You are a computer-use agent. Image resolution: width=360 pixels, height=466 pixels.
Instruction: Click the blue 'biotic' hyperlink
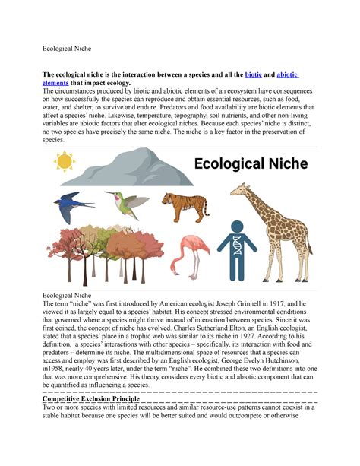[254, 74]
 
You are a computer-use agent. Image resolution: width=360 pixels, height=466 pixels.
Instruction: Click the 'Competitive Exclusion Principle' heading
[90, 398]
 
